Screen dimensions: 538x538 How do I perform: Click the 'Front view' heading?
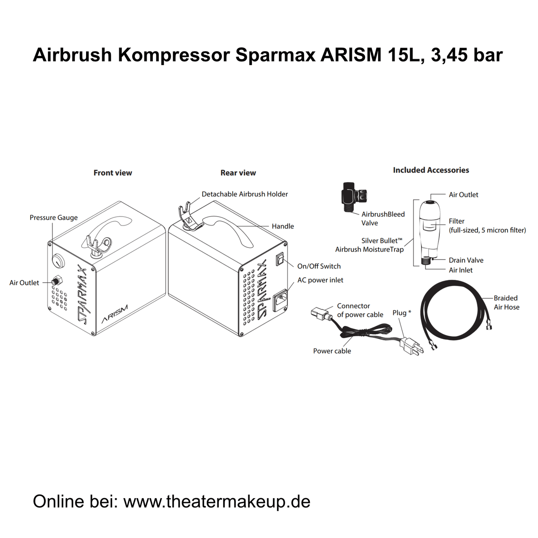(x=113, y=173)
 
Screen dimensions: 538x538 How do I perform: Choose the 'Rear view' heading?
(x=238, y=173)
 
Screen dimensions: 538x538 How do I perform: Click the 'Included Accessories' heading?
(x=431, y=170)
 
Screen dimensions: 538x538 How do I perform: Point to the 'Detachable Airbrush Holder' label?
(x=245, y=194)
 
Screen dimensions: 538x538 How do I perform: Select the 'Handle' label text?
(x=282, y=226)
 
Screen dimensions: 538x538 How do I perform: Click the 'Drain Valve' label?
(x=466, y=260)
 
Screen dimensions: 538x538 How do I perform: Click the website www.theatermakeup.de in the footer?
(x=217, y=501)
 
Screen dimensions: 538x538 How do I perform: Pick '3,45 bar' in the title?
(x=467, y=55)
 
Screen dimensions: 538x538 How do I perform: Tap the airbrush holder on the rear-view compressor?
(x=187, y=215)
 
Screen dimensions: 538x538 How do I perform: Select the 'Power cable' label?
(x=332, y=351)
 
